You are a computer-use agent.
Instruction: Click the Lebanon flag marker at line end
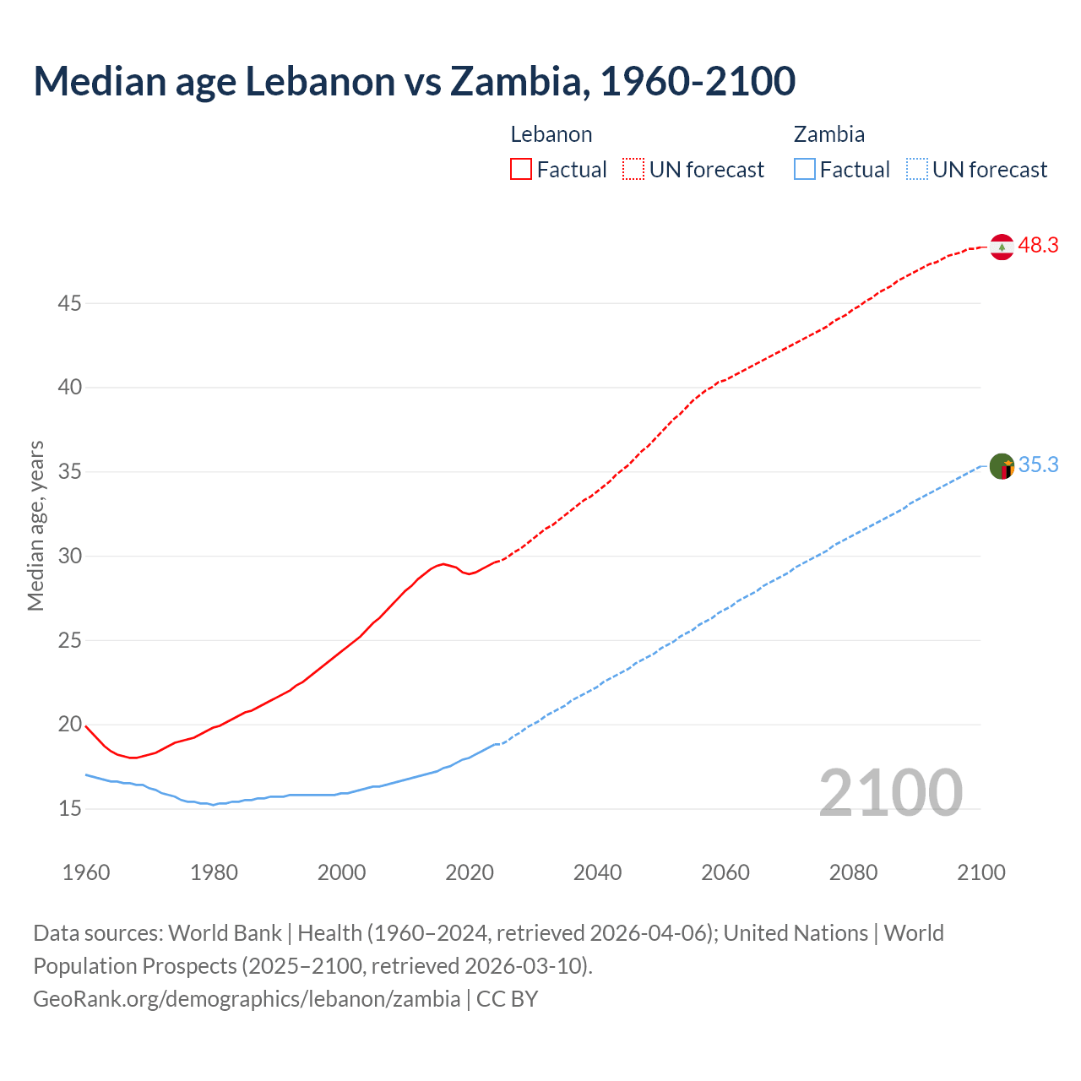pos(1002,247)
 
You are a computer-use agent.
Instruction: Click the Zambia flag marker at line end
pos(1002,466)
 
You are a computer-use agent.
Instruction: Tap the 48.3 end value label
pos(1038,246)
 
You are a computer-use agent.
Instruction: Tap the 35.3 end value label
pos(1038,465)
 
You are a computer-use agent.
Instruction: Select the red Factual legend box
pos(521,169)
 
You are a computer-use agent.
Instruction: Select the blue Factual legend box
pos(805,169)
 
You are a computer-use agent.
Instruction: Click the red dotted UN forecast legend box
pos(633,169)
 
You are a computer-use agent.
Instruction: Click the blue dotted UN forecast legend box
pos(917,169)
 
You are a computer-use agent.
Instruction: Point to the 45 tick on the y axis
pos(69,303)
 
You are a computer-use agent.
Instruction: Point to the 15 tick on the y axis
pos(69,809)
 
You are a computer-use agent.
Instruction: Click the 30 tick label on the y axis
pos(69,556)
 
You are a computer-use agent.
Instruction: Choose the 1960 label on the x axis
pos(86,872)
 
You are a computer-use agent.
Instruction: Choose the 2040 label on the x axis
pos(597,872)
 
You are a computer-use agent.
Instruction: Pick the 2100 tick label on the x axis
pos(981,872)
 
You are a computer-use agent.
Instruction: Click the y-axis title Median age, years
pos(35,525)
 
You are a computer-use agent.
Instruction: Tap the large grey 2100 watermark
pos(890,792)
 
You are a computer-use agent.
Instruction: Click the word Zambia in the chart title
pos(517,81)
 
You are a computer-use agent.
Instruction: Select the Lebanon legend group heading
pos(551,134)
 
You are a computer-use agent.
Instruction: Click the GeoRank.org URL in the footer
pos(247,998)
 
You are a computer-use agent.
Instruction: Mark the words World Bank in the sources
pos(225,933)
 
